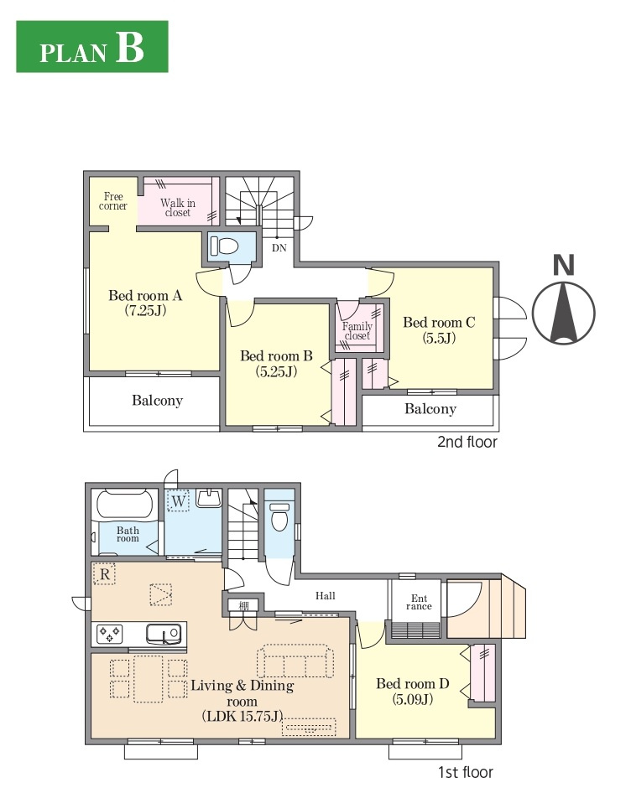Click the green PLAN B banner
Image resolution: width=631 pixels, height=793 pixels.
[92, 47]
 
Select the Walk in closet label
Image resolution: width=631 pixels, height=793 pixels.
[178, 207]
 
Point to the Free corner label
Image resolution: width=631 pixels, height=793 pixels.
[113, 201]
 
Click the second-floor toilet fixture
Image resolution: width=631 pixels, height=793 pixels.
[224, 246]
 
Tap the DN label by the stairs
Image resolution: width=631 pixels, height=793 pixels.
[279, 248]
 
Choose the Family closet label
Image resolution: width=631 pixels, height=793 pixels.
[357, 331]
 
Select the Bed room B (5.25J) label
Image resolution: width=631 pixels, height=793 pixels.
[276, 364]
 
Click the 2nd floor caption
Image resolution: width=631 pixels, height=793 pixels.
[467, 442]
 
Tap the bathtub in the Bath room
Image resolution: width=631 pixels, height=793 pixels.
[124, 505]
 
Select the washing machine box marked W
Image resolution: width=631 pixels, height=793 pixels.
[178, 500]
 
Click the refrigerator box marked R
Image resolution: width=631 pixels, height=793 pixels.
[105, 574]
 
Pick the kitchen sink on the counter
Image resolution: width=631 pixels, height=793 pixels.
[163, 633]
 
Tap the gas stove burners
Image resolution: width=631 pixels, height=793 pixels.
[110, 634]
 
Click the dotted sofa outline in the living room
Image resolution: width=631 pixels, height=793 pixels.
[295, 661]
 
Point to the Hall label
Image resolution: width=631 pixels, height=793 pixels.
[325, 596]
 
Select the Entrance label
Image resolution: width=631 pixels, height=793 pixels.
[419, 602]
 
